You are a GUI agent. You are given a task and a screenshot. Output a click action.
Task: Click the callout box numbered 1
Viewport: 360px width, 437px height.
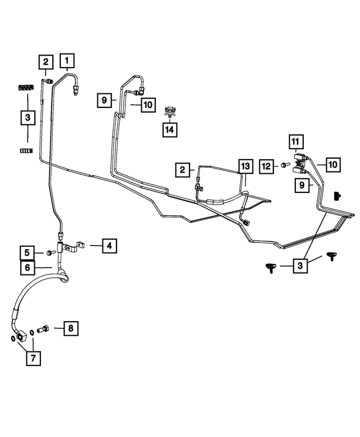click(67, 61)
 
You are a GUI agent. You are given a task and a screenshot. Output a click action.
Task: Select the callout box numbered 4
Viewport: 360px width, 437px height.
click(109, 246)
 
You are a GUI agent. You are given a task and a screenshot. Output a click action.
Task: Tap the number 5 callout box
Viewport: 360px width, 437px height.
click(27, 253)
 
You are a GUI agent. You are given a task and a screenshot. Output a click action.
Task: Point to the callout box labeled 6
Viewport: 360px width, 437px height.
click(28, 268)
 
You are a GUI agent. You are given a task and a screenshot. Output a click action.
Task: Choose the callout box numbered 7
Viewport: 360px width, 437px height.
click(33, 358)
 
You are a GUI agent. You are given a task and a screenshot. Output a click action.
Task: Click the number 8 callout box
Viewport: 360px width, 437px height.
click(71, 328)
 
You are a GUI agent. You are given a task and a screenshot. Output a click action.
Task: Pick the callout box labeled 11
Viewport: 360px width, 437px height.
click(296, 142)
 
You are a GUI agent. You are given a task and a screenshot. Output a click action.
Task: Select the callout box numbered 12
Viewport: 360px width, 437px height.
click(267, 166)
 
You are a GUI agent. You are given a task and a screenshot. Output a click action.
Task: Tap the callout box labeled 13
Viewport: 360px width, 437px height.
click(245, 166)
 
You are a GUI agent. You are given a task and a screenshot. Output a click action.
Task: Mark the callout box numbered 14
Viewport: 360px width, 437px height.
click(170, 129)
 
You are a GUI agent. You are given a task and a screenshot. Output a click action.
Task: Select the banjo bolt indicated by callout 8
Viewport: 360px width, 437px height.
click(43, 328)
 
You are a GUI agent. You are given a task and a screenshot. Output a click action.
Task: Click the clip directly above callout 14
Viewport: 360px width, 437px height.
click(170, 112)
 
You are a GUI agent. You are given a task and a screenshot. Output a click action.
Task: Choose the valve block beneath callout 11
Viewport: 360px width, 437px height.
click(300, 164)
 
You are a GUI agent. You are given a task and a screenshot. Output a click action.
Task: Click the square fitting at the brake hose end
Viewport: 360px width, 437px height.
click(22, 335)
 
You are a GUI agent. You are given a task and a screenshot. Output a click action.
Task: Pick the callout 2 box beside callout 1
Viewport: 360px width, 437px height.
click(46, 62)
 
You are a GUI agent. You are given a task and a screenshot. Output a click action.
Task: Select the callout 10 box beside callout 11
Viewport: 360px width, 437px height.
click(333, 165)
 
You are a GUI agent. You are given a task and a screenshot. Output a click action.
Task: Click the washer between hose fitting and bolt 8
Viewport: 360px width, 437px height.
click(32, 332)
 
